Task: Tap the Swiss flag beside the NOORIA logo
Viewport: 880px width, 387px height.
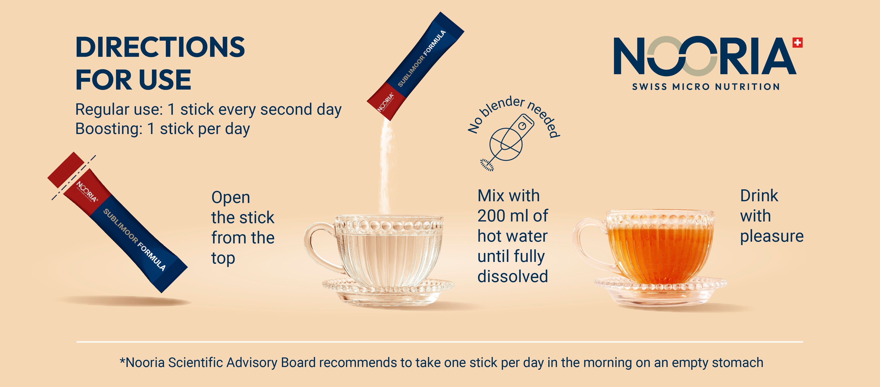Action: coord(797,43)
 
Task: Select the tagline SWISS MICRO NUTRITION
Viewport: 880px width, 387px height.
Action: coord(706,87)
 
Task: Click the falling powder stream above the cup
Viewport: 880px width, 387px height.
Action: coord(385,167)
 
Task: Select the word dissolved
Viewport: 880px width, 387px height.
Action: coord(512,276)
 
